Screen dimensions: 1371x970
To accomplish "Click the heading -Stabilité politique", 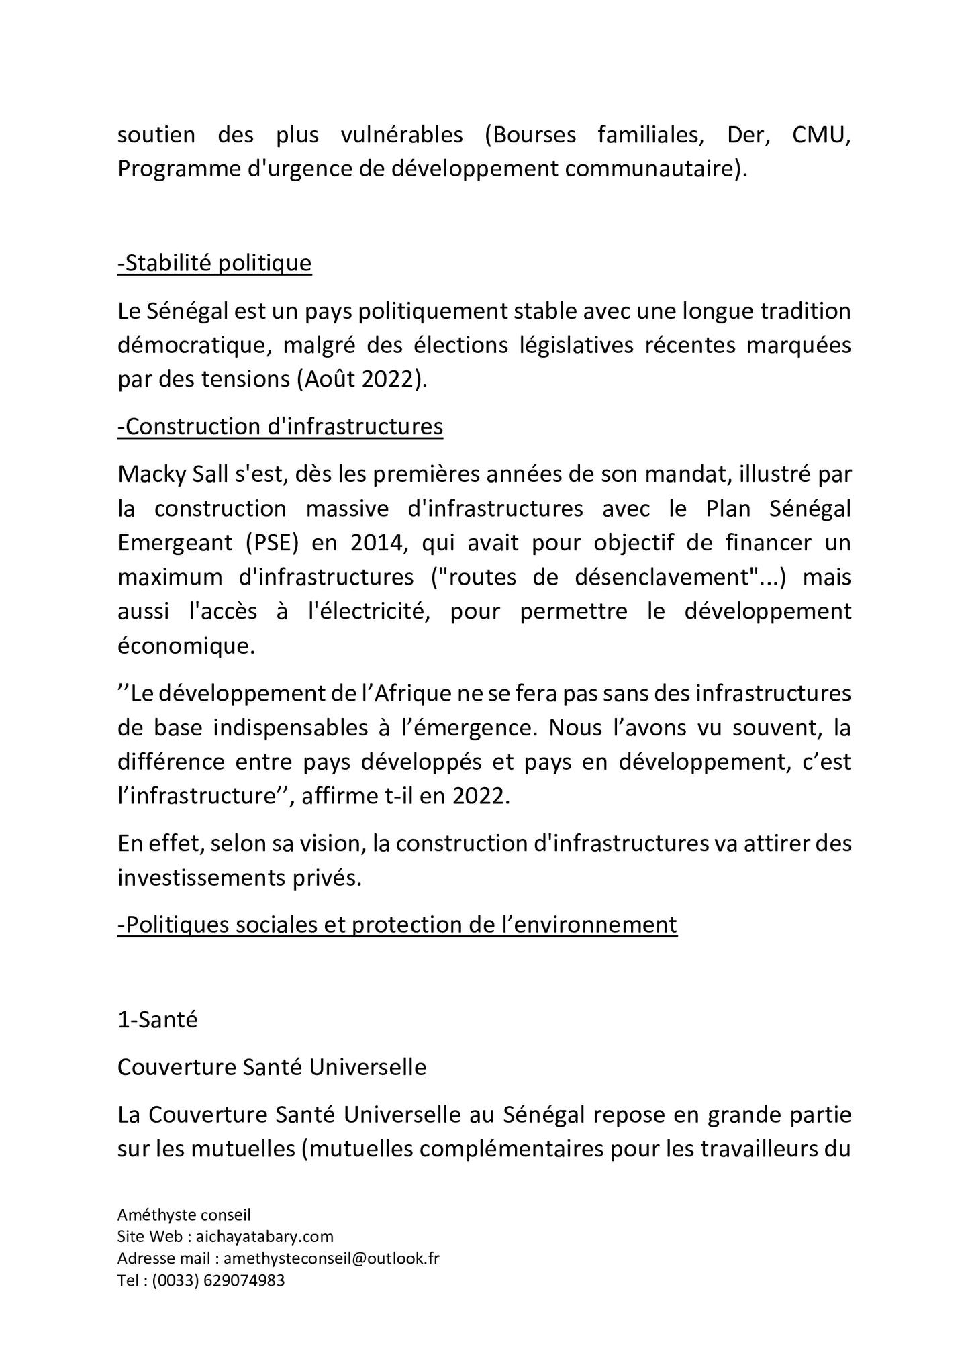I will [x=214, y=264].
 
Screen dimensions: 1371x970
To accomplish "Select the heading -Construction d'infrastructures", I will [x=280, y=427].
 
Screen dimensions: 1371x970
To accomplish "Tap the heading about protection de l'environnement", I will [x=397, y=925].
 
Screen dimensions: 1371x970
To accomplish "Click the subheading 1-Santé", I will [x=157, y=1019].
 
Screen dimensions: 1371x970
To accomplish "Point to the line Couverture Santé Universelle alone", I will [x=271, y=1067].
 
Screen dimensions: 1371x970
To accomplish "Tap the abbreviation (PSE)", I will [x=266, y=543].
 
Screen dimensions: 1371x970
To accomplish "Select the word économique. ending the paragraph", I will [x=186, y=646].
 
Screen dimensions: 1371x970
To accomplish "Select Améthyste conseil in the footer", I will [x=183, y=1215].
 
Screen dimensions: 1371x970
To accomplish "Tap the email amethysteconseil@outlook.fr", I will [x=331, y=1258].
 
